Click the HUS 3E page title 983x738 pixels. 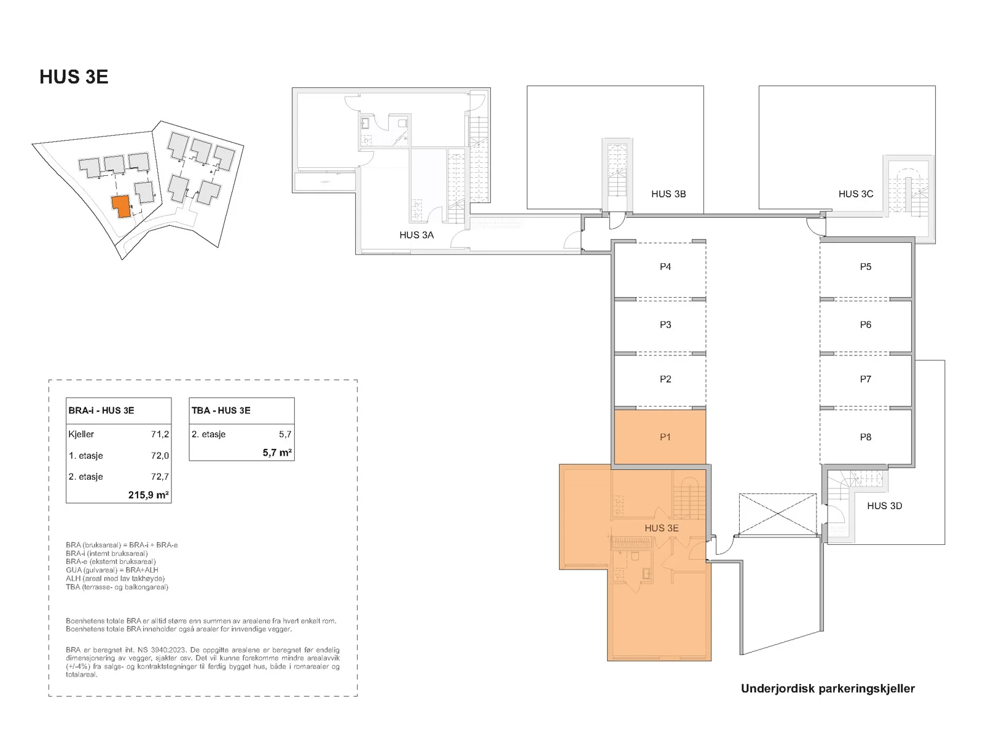click(74, 77)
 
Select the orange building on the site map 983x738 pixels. click(121, 206)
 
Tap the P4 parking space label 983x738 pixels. click(665, 267)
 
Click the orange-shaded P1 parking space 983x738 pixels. click(660, 437)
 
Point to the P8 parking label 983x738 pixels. click(865, 437)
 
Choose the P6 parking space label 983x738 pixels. click(865, 325)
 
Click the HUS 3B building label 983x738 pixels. click(668, 194)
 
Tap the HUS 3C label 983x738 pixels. click(855, 194)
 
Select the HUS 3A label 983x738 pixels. click(417, 235)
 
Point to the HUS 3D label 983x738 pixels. click(884, 506)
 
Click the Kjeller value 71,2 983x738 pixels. click(160, 434)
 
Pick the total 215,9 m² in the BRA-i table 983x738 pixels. click(148, 494)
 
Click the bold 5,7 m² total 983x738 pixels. click(277, 453)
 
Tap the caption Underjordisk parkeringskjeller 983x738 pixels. click(828, 689)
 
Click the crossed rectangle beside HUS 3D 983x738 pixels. click(777, 514)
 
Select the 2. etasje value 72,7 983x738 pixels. click(160, 477)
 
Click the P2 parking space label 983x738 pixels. click(665, 379)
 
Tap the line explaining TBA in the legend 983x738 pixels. click(117, 587)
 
